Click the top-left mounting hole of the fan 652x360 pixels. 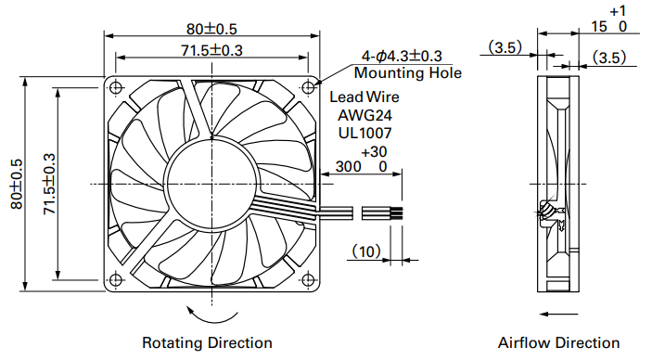116,88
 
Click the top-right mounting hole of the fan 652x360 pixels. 308,87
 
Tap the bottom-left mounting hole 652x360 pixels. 116,279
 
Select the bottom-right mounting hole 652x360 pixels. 308,279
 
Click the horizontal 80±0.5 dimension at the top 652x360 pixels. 211,29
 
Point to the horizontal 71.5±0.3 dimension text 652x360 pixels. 211,50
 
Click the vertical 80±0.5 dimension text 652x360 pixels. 16,184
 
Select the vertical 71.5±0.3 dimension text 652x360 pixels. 49,184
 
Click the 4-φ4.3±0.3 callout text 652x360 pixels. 402,56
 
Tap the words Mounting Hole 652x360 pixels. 407,72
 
